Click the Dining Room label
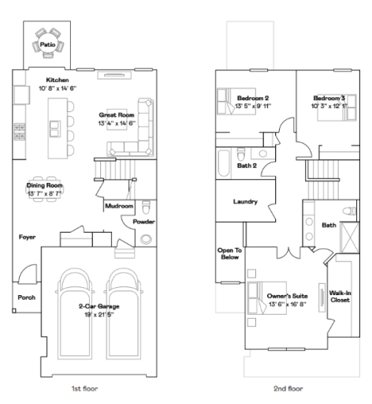click(x=44, y=186)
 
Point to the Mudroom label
click(x=118, y=207)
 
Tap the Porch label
click(x=27, y=297)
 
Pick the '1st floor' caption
click(x=85, y=388)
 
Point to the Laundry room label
click(x=245, y=202)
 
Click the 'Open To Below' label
click(x=229, y=254)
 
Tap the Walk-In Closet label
click(x=340, y=295)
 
